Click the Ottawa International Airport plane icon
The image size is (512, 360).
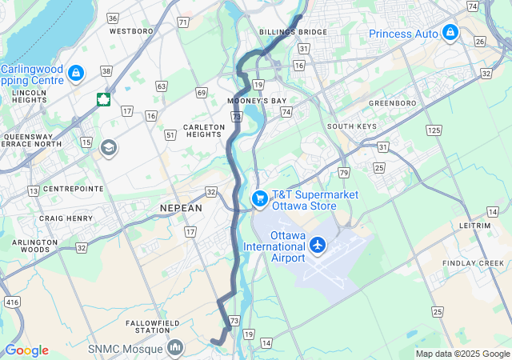(x=318, y=244)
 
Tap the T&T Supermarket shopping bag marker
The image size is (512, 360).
(x=259, y=198)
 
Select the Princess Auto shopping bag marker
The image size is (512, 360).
(x=450, y=33)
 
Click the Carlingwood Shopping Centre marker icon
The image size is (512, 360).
(x=76, y=74)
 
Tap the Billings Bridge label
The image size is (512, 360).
(x=293, y=32)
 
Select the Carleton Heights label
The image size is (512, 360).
(x=204, y=131)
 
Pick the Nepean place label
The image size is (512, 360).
(x=182, y=207)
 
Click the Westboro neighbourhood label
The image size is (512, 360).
(x=130, y=31)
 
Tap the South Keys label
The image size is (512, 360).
(x=351, y=126)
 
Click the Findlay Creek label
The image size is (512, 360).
(x=476, y=263)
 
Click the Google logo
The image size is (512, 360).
(x=26, y=350)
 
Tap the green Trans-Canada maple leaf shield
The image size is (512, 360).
(x=103, y=99)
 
